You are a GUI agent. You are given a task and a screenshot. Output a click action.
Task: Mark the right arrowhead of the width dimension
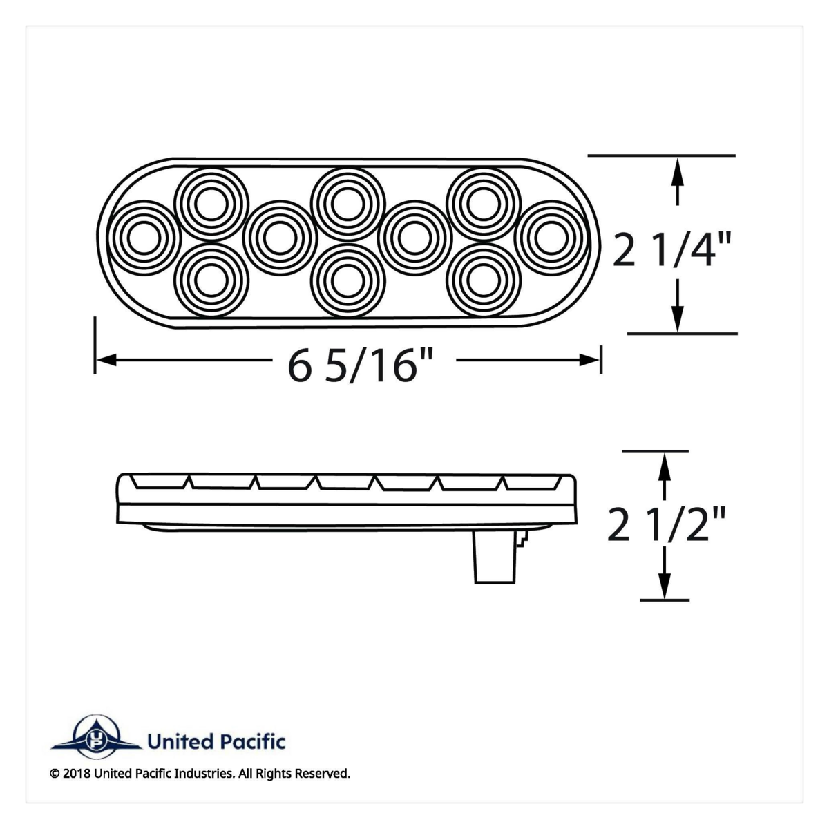pyautogui.click(x=591, y=359)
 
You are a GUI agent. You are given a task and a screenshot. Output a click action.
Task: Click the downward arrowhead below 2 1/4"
pyautogui.click(x=678, y=320)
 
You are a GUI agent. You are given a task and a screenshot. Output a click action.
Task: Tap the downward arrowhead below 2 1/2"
pyautogui.click(x=663, y=587)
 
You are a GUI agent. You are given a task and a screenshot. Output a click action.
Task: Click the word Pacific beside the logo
pyautogui.click(x=253, y=743)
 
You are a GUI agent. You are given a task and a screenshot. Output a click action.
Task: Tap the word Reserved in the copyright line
pyautogui.click(x=322, y=774)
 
